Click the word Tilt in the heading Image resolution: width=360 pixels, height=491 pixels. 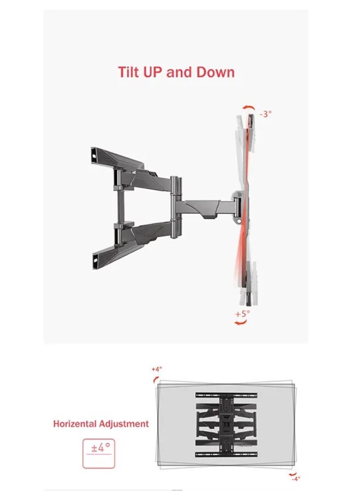click(128, 72)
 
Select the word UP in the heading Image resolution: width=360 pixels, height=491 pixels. click(152, 72)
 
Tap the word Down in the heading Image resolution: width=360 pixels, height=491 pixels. click(215, 72)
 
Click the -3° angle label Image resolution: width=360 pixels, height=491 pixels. click(265, 113)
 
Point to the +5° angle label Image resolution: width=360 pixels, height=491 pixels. click(243, 313)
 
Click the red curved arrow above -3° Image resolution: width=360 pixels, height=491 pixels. click(249, 107)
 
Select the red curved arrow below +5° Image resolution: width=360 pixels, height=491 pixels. click(241, 322)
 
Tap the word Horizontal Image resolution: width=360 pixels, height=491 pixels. click(75, 424)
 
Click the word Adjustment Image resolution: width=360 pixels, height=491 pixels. click(124, 424)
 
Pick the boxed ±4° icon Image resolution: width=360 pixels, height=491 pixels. click(99, 453)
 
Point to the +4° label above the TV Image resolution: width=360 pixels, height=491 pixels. click(157, 369)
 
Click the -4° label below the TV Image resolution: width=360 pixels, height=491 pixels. click(295, 479)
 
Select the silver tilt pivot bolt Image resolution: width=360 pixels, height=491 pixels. click(239, 194)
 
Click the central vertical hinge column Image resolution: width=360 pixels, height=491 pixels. click(175, 207)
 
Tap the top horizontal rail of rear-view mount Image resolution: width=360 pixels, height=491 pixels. click(226, 395)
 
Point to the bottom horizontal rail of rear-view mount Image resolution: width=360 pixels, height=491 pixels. click(226, 454)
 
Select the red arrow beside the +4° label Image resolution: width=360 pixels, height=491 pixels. click(155, 380)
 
